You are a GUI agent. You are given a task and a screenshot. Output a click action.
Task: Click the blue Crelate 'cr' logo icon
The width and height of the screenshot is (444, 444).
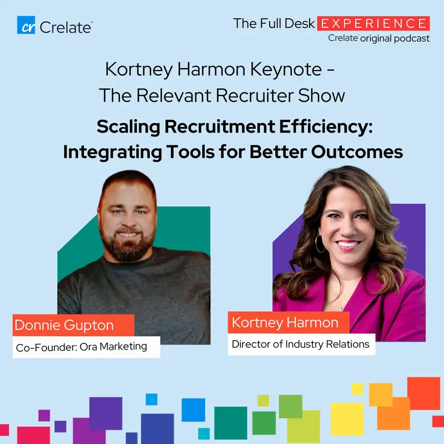coord(26,25)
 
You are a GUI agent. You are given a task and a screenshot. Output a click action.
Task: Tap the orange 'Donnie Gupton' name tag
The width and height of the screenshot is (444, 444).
coord(73,325)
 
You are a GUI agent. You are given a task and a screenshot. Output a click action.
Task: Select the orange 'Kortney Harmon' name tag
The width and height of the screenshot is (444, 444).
coord(285,323)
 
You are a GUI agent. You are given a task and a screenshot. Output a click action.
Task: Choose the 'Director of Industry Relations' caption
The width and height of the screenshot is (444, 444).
coord(300,344)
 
